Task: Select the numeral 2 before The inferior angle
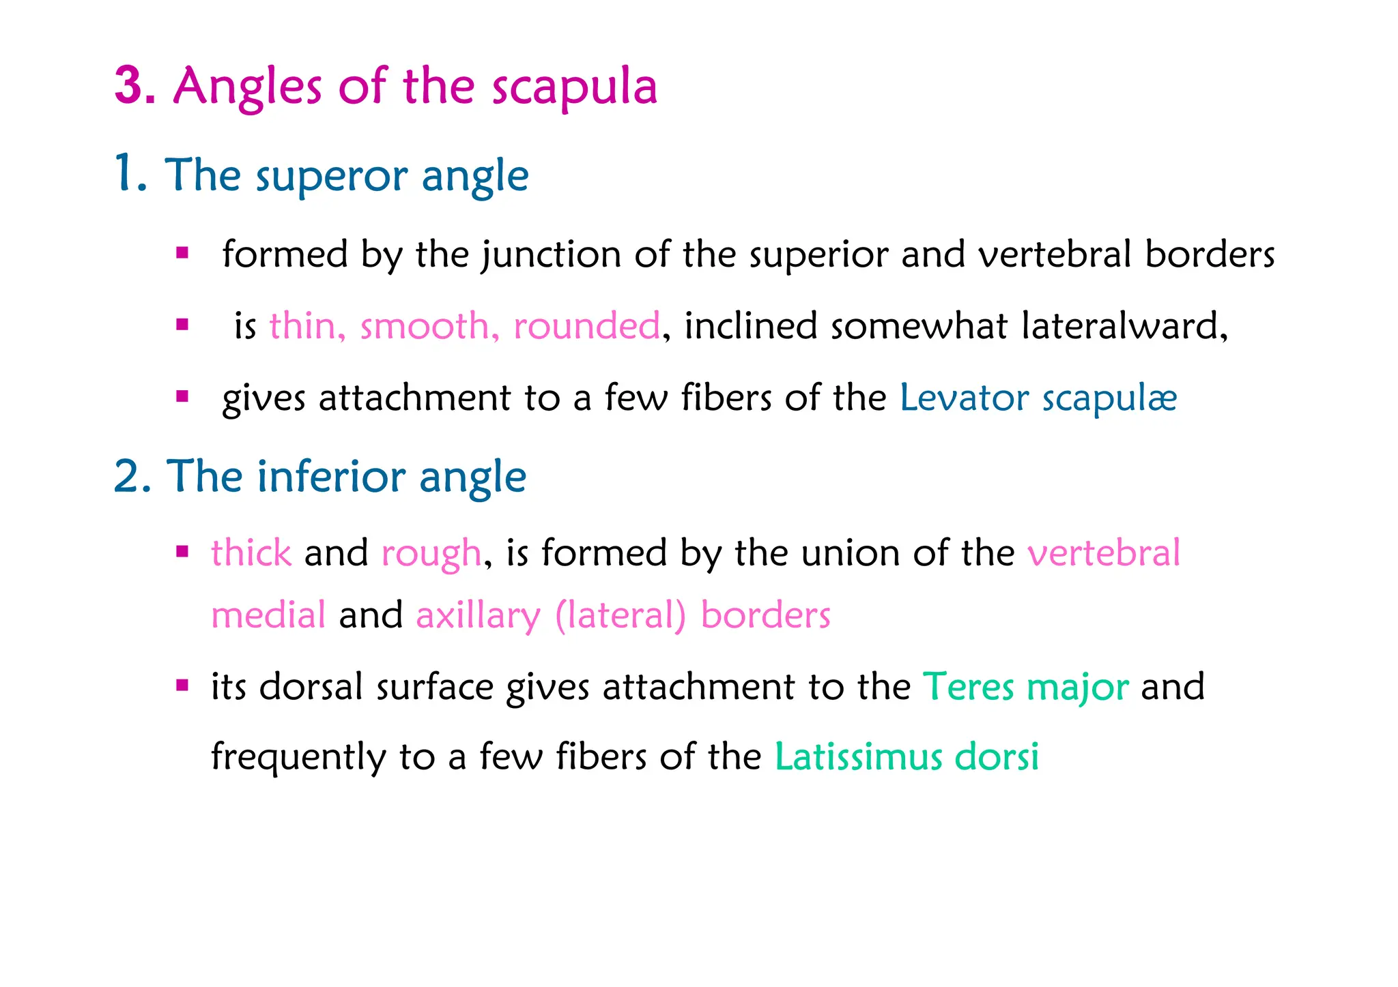[128, 476]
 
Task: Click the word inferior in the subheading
[332, 476]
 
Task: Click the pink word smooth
[425, 326]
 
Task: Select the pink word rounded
[586, 326]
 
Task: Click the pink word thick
[251, 553]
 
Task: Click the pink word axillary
[478, 616]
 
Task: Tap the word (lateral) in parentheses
[620, 615]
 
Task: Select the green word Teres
[968, 687]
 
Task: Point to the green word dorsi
[996, 756]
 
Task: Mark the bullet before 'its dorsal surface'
[182, 686]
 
